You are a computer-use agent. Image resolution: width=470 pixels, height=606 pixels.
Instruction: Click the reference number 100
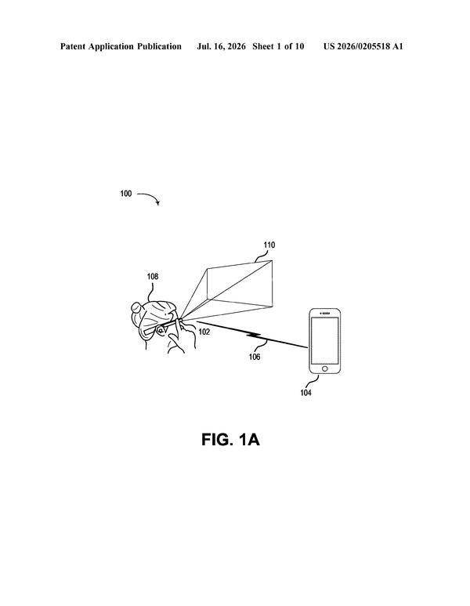tap(126, 194)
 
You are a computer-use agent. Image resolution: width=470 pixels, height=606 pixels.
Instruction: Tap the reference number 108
tap(153, 276)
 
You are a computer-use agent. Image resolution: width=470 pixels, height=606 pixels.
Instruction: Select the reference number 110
tap(269, 245)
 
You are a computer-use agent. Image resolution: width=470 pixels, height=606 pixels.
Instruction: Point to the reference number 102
tap(204, 332)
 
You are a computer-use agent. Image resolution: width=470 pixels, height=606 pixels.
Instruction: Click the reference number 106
tap(255, 357)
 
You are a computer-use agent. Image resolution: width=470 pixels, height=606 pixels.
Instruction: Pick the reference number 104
tap(305, 393)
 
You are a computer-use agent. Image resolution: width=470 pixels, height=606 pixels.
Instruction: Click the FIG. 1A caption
tap(230, 440)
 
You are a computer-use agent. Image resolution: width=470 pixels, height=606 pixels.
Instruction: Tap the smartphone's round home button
tap(325, 368)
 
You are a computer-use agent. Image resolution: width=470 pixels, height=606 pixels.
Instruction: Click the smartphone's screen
tap(325, 340)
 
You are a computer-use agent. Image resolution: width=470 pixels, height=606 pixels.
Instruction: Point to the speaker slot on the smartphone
tap(326, 313)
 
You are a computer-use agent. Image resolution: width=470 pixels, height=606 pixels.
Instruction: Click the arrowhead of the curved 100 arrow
tap(157, 203)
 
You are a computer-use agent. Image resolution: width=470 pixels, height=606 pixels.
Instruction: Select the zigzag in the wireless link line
tap(255, 336)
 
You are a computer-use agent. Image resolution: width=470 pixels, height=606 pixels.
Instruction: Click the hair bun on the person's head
tap(136, 307)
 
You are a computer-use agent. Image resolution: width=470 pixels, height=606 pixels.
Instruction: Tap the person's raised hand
tap(181, 336)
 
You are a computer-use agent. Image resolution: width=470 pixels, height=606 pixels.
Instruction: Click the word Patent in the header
tap(73, 46)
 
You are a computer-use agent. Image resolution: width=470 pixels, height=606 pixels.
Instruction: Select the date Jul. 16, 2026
tap(221, 47)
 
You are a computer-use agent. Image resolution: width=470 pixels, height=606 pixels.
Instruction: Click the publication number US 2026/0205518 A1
tap(363, 47)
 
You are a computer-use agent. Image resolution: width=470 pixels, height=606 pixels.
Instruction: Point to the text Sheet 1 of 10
tap(278, 46)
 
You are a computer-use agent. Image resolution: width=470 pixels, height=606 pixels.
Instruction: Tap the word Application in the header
tap(111, 47)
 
